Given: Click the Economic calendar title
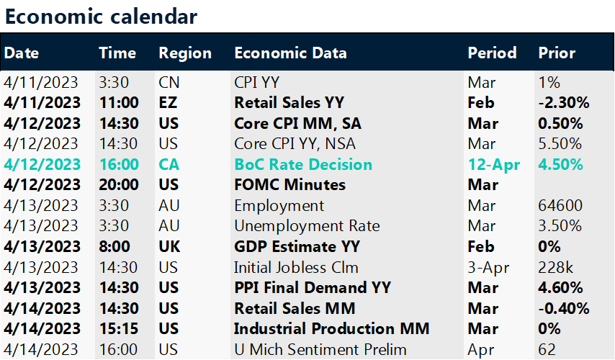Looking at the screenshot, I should click(101, 15).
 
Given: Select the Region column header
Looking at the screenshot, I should click(185, 53).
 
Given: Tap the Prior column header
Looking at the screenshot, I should click(557, 53).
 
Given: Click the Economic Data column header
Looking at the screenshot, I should click(290, 53).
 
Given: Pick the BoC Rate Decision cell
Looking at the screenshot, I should click(303, 164).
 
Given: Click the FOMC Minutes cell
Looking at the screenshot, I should click(289, 185).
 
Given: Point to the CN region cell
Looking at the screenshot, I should click(169, 81).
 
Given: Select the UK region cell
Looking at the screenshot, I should click(170, 247).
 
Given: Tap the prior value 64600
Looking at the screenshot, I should click(560, 206).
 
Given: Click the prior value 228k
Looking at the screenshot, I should click(555, 268).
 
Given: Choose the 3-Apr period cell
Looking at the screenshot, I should click(489, 268).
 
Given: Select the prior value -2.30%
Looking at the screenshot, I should click(564, 102).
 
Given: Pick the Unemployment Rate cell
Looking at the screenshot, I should click(307, 226).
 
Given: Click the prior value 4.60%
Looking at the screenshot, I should click(560, 288).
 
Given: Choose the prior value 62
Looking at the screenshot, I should click(547, 350).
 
